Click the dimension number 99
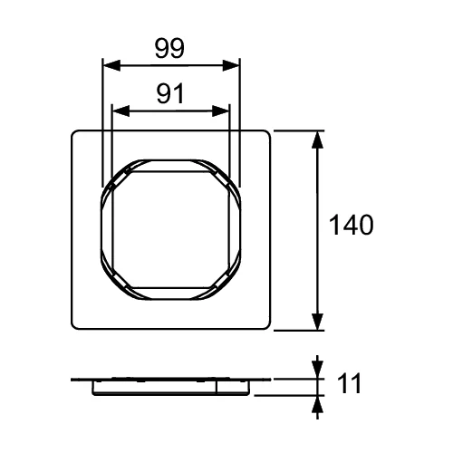point(169,49)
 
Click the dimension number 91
point(170,93)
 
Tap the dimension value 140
point(351,225)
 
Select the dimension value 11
point(350,383)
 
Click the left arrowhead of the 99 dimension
point(111,65)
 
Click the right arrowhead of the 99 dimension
point(231,65)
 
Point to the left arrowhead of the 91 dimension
point(120,111)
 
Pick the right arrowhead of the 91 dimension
point(221,111)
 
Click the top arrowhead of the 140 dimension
point(317,140)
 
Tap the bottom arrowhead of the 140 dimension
point(317,322)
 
